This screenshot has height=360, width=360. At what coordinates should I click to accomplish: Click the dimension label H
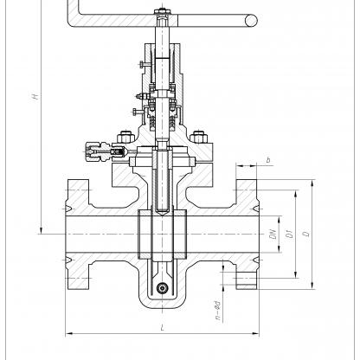click(x=35, y=96)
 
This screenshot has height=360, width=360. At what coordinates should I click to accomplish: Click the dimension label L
click(x=163, y=328)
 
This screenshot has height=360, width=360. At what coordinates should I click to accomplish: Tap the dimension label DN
click(x=273, y=234)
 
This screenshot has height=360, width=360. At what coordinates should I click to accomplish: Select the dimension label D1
click(x=290, y=234)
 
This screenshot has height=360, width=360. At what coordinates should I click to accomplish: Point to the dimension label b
click(x=268, y=159)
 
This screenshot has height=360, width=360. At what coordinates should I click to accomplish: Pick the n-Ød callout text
click(x=218, y=311)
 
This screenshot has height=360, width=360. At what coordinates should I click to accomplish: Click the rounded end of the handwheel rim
click(x=251, y=21)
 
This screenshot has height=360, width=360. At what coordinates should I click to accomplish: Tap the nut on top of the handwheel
click(x=163, y=12)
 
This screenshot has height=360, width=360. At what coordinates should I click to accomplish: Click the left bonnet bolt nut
click(x=125, y=137)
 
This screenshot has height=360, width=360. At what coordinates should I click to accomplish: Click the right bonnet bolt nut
click(x=199, y=137)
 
